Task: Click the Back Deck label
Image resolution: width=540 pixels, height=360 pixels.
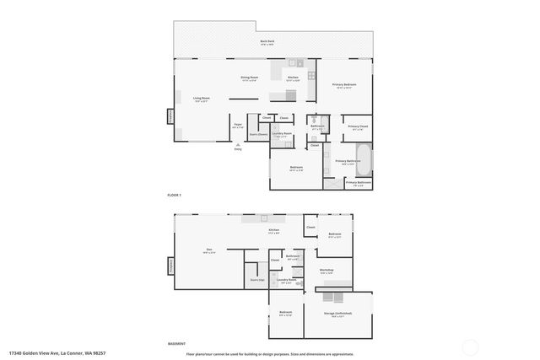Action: pyautogui.click(x=267, y=41)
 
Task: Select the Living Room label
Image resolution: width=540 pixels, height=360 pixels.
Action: pyautogui.click(x=201, y=99)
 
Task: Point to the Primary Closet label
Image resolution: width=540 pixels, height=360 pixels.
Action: pyautogui.click(x=358, y=127)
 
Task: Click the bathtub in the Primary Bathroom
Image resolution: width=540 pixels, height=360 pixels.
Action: pyautogui.click(x=364, y=154)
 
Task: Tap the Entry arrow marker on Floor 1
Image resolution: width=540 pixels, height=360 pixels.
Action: pyautogui.click(x=238, y=146)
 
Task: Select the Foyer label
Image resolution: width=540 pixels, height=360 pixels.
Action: pyautogui.click(x=238, y=126)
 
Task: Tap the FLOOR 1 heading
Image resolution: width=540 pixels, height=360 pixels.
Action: pyautogui.click(x=175, y=196)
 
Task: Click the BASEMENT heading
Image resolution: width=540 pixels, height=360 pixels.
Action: pyautogui.click(x=177, y=343)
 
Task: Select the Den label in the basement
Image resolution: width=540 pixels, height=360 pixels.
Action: pyautogui.click(x=208, y=250)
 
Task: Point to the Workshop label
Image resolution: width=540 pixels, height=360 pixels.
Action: pyautogui.click(x=327, y=271)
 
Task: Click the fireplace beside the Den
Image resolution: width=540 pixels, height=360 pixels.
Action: pyautogui.click(x=170, y=266)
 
